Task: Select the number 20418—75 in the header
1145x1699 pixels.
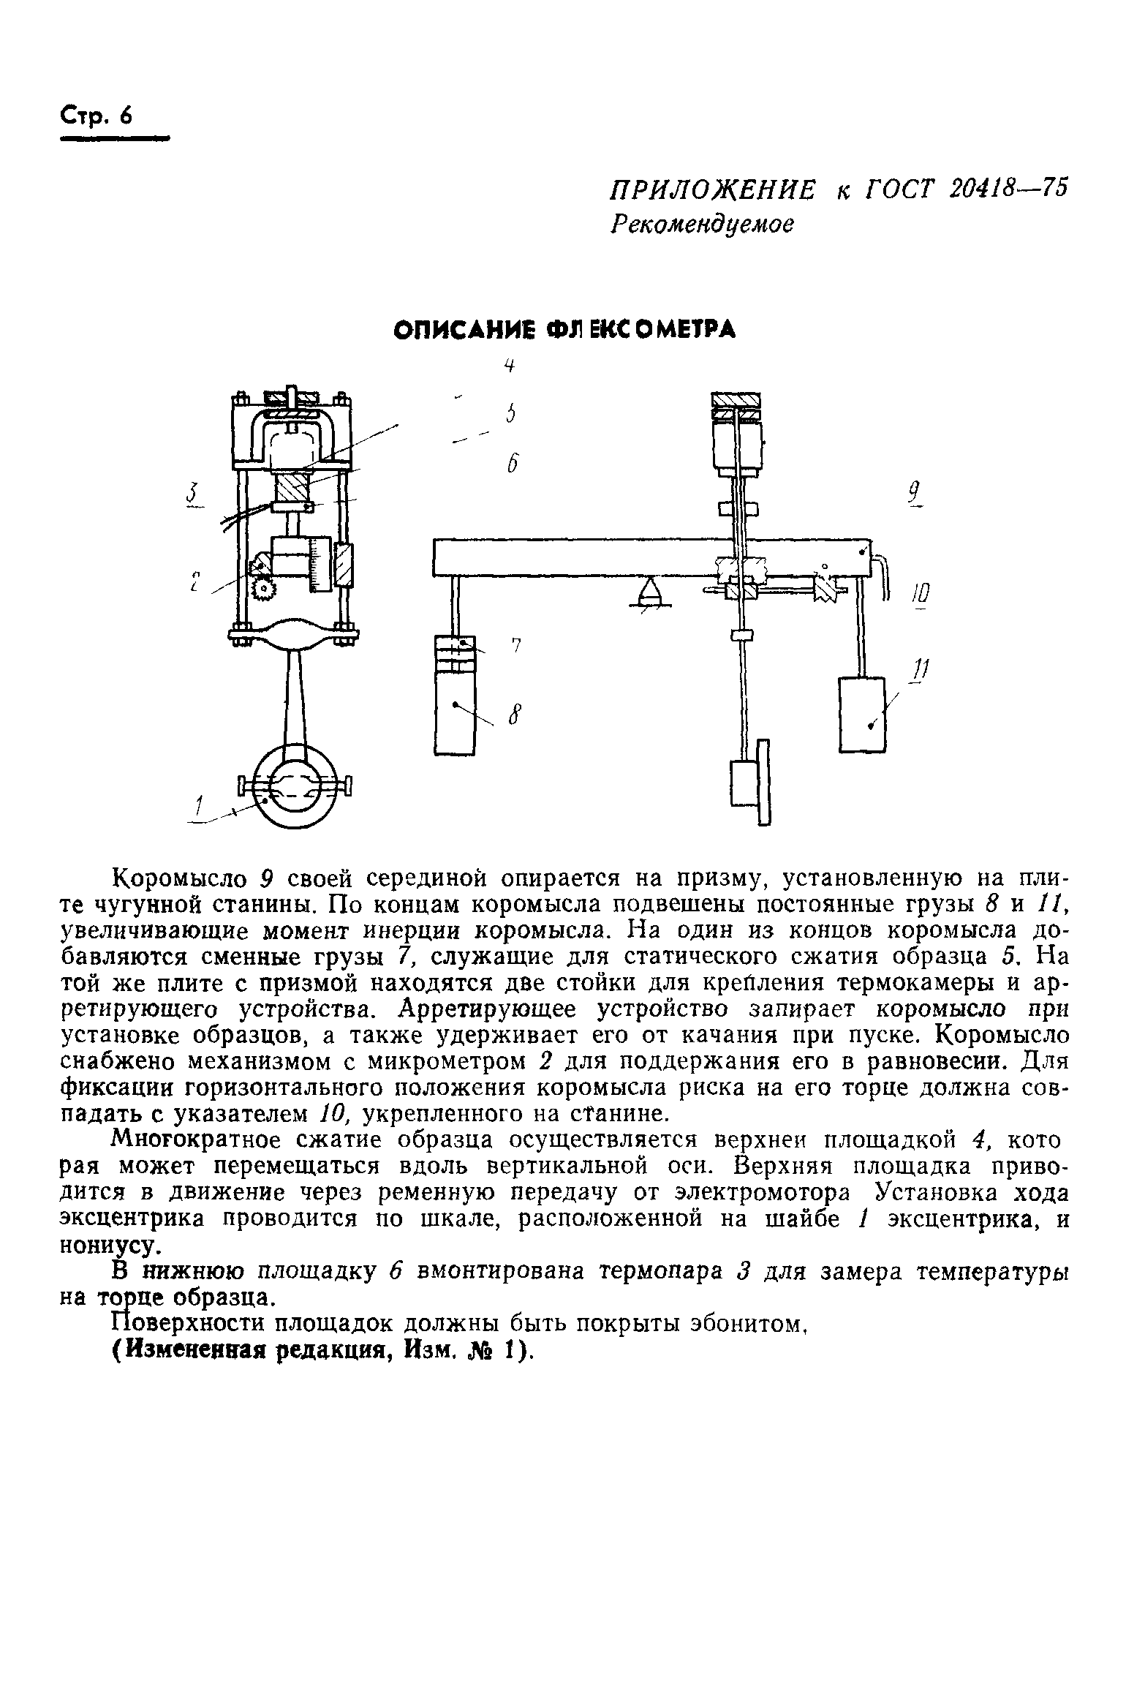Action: click(1008, 189)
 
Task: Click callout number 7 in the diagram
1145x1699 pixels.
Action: click(515, 646)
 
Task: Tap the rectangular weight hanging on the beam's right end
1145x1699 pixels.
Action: click(862, 714)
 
